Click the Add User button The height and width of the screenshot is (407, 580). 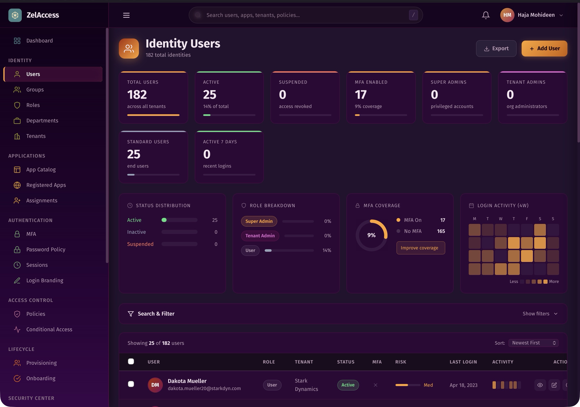[544, 49]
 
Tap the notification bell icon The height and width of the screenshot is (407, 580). [485, 15]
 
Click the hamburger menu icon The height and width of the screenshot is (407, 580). [126, 15]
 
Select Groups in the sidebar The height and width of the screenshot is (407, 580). [35, 90]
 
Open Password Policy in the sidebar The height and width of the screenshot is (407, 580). [46, 250]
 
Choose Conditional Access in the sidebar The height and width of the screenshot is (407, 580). [49, 329]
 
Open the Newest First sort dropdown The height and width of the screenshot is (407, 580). [533, 343]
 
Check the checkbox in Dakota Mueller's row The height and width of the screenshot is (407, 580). [131, 384]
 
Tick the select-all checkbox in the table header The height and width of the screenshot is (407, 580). [131, 362]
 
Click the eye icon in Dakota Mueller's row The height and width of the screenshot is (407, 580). [540, 385]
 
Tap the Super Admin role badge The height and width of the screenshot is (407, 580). [259, 221]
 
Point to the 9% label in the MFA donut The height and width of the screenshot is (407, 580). [371, 235]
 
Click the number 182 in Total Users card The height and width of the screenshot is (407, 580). [137, 95]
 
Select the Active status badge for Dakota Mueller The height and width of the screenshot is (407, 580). [348, 385]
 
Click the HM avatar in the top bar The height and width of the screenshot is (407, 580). [507, 15]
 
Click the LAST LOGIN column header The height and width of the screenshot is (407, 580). [463, 362]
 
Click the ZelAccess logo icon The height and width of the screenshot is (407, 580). [15, 15]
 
